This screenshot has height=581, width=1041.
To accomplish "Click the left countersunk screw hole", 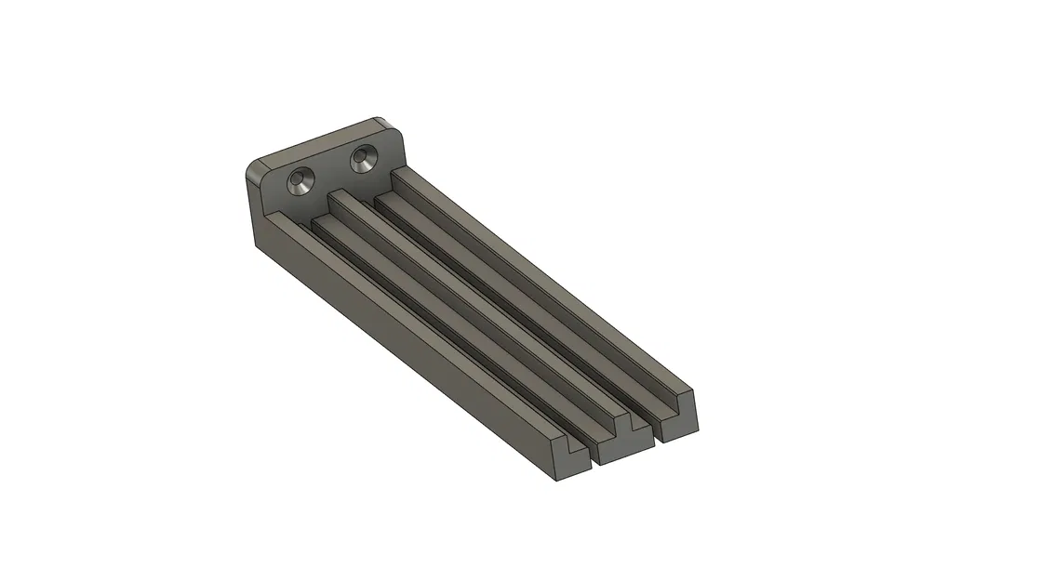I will click(x=300, y=182).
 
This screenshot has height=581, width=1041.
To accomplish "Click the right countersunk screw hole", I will click(x=363, y=160).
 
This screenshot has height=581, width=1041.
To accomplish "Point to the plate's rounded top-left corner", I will click(x=252, y=170).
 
